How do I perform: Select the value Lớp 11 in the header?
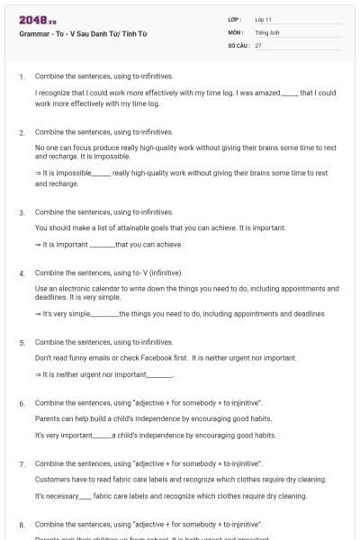pyautogui.click(x=264, y=19)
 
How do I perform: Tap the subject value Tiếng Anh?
pyautogui.click(x=267, y=31)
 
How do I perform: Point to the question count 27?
pyautogui.click(x=258, y=44)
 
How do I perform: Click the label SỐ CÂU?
pyautogui.click(x=237, y=44)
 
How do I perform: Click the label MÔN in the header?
pyautogui.click(x=236, y=31)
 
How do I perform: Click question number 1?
pyautogui.click(x=22, y=77)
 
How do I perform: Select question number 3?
pyautogui.click(x=22, y=212)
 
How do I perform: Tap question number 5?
pyautogui.click(x=22, y=343)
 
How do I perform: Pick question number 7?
pyautogui.click(x=22, y=463)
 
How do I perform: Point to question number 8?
pyautogui.click(x=22, y=524)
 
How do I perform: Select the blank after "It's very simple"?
pyautogui.click(x=105, y=314)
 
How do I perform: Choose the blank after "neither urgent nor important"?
pyautogui.click(x=158, y=375)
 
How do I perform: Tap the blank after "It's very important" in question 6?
pyautogui.click(x=103, y=436)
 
